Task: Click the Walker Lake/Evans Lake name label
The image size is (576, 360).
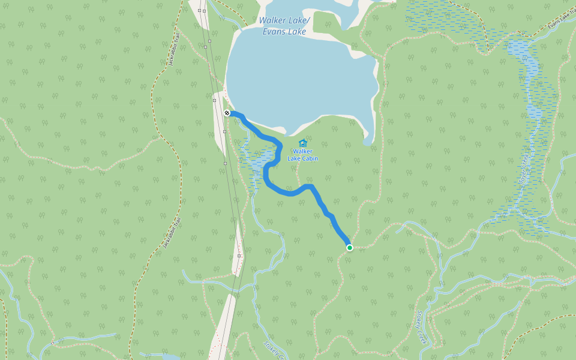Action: point(283,26)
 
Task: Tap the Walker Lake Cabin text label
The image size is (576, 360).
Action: point(302,155)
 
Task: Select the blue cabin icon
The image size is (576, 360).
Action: point(302,143)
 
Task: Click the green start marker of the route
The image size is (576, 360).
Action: point(349,247)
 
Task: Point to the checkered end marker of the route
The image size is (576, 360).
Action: point(227,113)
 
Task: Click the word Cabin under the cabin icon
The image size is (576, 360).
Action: point(310,158)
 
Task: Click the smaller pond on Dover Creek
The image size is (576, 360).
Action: point(534,113)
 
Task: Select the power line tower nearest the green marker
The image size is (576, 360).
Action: point(239,256)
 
